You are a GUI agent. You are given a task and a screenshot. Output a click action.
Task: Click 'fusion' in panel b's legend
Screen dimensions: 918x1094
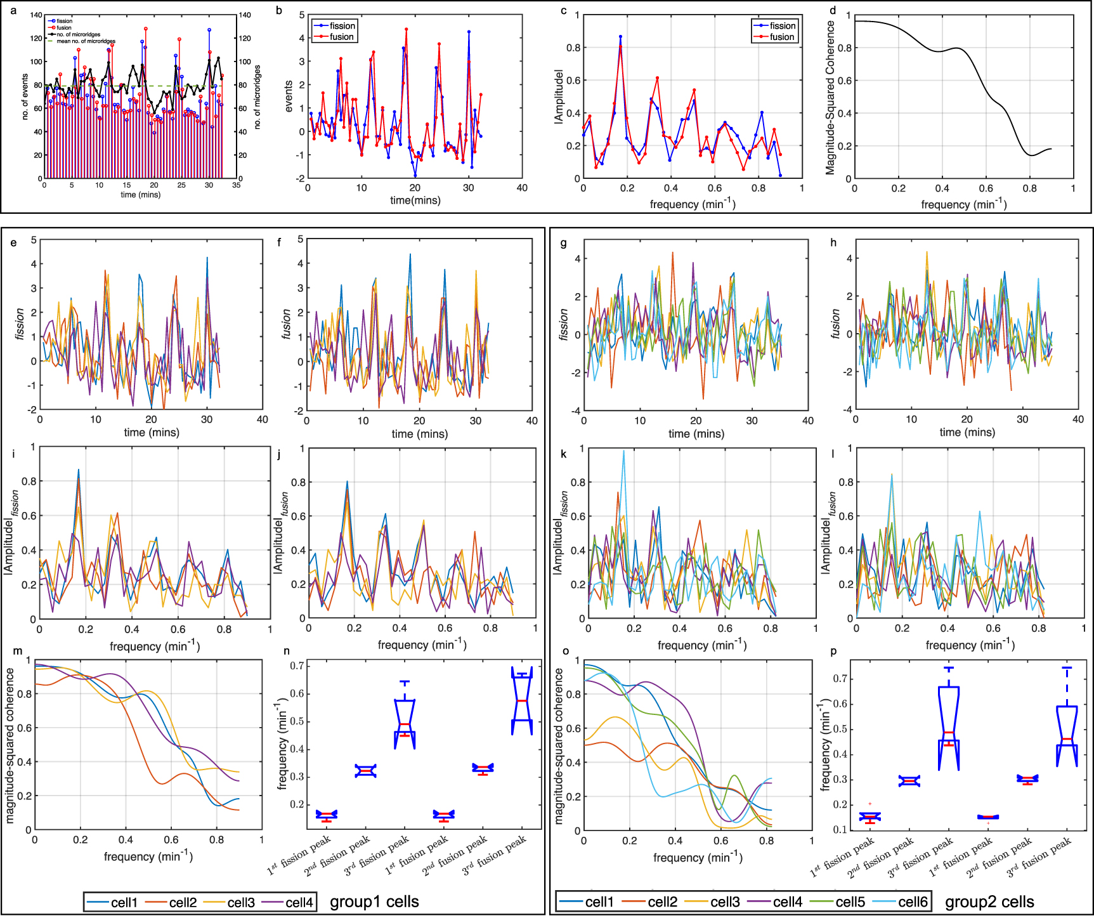(341, 37)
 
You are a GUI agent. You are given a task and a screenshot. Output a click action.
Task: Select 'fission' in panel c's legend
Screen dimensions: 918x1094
(782, 26)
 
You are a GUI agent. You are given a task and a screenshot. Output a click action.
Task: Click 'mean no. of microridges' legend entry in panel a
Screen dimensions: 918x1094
(86, 41)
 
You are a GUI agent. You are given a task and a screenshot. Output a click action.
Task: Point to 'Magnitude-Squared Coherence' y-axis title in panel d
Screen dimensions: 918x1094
(830, 97)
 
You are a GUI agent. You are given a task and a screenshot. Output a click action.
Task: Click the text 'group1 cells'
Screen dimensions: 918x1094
(374, 902)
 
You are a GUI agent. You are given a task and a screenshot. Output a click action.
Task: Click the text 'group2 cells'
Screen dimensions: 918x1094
(989, 902)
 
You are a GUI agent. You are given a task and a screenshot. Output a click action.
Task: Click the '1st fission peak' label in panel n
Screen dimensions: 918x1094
(299, 856)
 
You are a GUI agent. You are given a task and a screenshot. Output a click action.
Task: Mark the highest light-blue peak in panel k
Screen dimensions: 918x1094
(623, 451)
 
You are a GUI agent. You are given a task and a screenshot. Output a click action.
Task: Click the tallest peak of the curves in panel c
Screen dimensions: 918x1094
(620, 37)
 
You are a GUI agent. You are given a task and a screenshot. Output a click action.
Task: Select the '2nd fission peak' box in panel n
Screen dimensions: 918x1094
(365, 771)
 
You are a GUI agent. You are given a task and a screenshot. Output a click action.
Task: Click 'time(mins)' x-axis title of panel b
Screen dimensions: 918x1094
(415, 200)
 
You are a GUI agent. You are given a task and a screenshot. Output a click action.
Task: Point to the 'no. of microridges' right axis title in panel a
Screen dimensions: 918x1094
(257, 97)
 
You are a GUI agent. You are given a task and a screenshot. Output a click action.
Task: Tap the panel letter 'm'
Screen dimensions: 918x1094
(17, 651)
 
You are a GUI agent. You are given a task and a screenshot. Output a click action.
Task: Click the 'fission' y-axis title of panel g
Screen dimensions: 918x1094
(564, 325)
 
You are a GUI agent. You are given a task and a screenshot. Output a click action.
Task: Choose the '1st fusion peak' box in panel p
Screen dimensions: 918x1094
(988, 817)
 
